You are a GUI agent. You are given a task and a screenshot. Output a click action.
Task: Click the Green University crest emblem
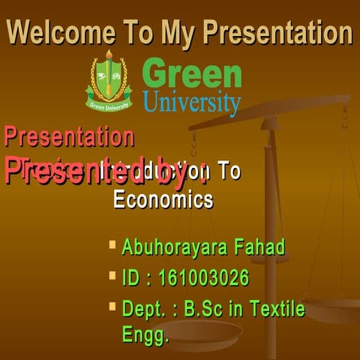coord(109,80)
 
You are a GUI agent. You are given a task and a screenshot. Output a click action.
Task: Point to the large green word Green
coord(191,74)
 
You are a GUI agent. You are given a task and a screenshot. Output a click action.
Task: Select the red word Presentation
coord(69,137)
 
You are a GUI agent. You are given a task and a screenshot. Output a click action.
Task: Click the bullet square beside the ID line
coord(112,276)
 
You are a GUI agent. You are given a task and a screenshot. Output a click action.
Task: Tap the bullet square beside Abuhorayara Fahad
coord(112,244)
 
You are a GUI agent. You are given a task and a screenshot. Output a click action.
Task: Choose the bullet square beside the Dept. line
coord(112,307)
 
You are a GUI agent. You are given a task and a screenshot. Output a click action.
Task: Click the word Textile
coord(277,309)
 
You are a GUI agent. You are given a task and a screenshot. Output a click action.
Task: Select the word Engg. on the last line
coord(145,334)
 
